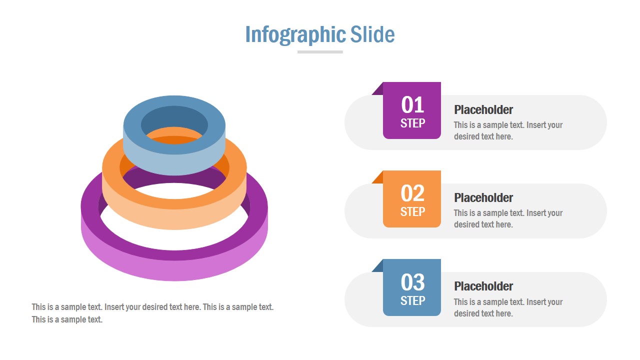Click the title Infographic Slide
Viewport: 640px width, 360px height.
click(320, 34)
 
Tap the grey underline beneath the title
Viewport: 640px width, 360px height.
click(320, 52)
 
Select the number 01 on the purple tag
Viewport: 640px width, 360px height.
click(412, 105)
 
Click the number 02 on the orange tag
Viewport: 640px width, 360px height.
click(412, 193)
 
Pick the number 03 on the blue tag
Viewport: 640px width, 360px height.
click(412, 282)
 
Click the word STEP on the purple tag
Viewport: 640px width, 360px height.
click(412, 123)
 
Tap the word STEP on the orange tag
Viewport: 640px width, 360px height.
click(412, 211)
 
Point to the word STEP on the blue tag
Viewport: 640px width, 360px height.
click(412, 300)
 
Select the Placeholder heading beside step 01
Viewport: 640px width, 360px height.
click(483, 110)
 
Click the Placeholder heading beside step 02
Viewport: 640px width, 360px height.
click(483, 198)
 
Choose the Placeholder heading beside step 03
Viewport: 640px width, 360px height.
click(483, 286)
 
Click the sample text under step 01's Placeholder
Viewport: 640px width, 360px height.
click(508, 130)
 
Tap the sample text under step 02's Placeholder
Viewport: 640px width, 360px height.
click(508, 218)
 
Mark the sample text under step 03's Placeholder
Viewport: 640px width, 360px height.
click(508, 307)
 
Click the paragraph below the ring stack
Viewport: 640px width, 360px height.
click(152, 313)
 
